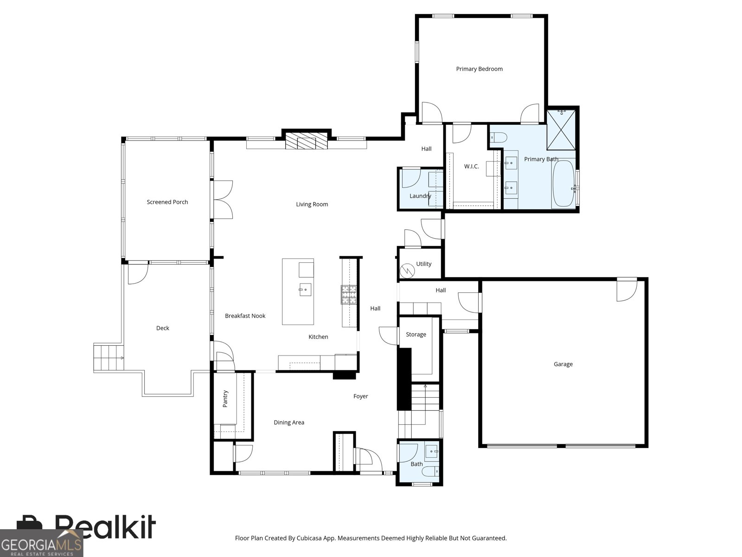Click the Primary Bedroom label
coord(479,69)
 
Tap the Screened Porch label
coord(167,202)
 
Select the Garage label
coord(563,364)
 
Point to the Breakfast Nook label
coord(245,316)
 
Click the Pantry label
coord(225,399)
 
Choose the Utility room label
coord(423,264)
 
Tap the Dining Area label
coord(289,422)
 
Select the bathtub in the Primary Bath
coord(563,183)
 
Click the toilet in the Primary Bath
coord(499,137)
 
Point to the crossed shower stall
coord(561,130)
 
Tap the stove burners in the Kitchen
coord(349,294)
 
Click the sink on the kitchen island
coord(305,290)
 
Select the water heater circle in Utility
coord(407,271)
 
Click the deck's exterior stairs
coord(109,357)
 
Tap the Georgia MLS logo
coord(41,543)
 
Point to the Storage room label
coord(416,335)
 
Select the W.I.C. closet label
coord(471,166)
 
